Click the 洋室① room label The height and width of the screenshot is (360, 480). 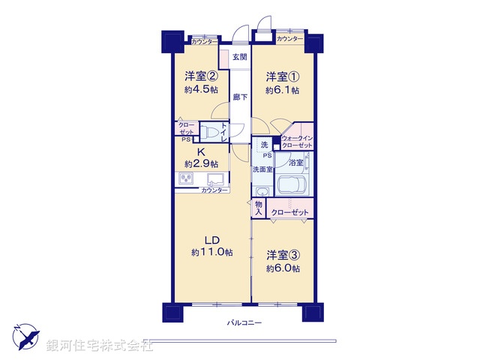pyautogui.click(x=282, y=76)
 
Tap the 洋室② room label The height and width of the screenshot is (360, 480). pyautogui.click(x=201, y=76)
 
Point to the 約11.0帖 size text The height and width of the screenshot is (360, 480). pyautogui.click(x=212, y=253)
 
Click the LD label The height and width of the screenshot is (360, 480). pyautogui.click(x=211, y=240)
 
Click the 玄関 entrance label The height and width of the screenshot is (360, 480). pyautogui.click(x=239, y=58)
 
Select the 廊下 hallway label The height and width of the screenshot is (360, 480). pyautogui.click(x=239, y=97)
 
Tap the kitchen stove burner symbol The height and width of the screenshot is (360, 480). pyautogui.click(x=187, y=179)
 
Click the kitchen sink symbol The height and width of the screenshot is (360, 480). pyautogui.click(x=214, y=179)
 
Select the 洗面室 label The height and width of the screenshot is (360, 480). pyautogui.click(x=262, y=169)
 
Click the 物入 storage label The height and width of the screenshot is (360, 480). pyautogui.click(x=259, y=207)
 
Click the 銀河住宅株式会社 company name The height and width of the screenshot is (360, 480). pyautogui.click(x=100, y=346)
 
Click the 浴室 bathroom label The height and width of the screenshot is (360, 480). pyautogui.click(x=295, y=162)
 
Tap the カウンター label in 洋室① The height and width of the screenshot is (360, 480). pyautogui.click(x=289, y=38)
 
